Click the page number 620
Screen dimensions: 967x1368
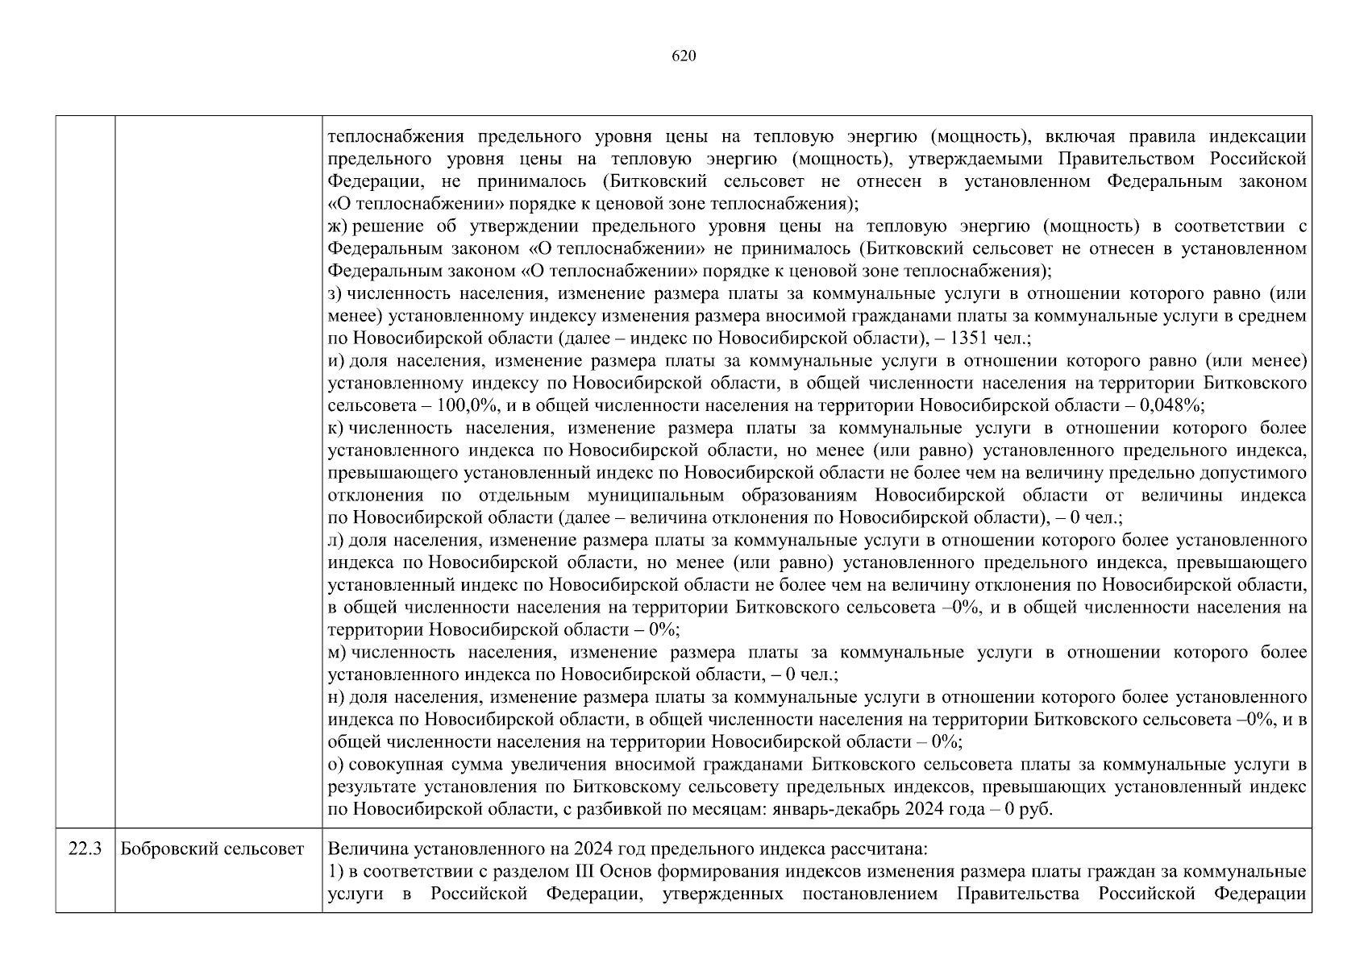click(683, 56)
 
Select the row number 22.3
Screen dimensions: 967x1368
click(85, 849)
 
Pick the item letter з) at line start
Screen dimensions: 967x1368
click(336, 294)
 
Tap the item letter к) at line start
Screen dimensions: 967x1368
click(336, 428)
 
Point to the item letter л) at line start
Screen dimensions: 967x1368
click(336, 540)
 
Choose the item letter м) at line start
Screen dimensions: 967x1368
click(337, 652)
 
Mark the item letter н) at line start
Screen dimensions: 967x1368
click(336, 696)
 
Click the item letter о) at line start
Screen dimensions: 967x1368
click(336, 764)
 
